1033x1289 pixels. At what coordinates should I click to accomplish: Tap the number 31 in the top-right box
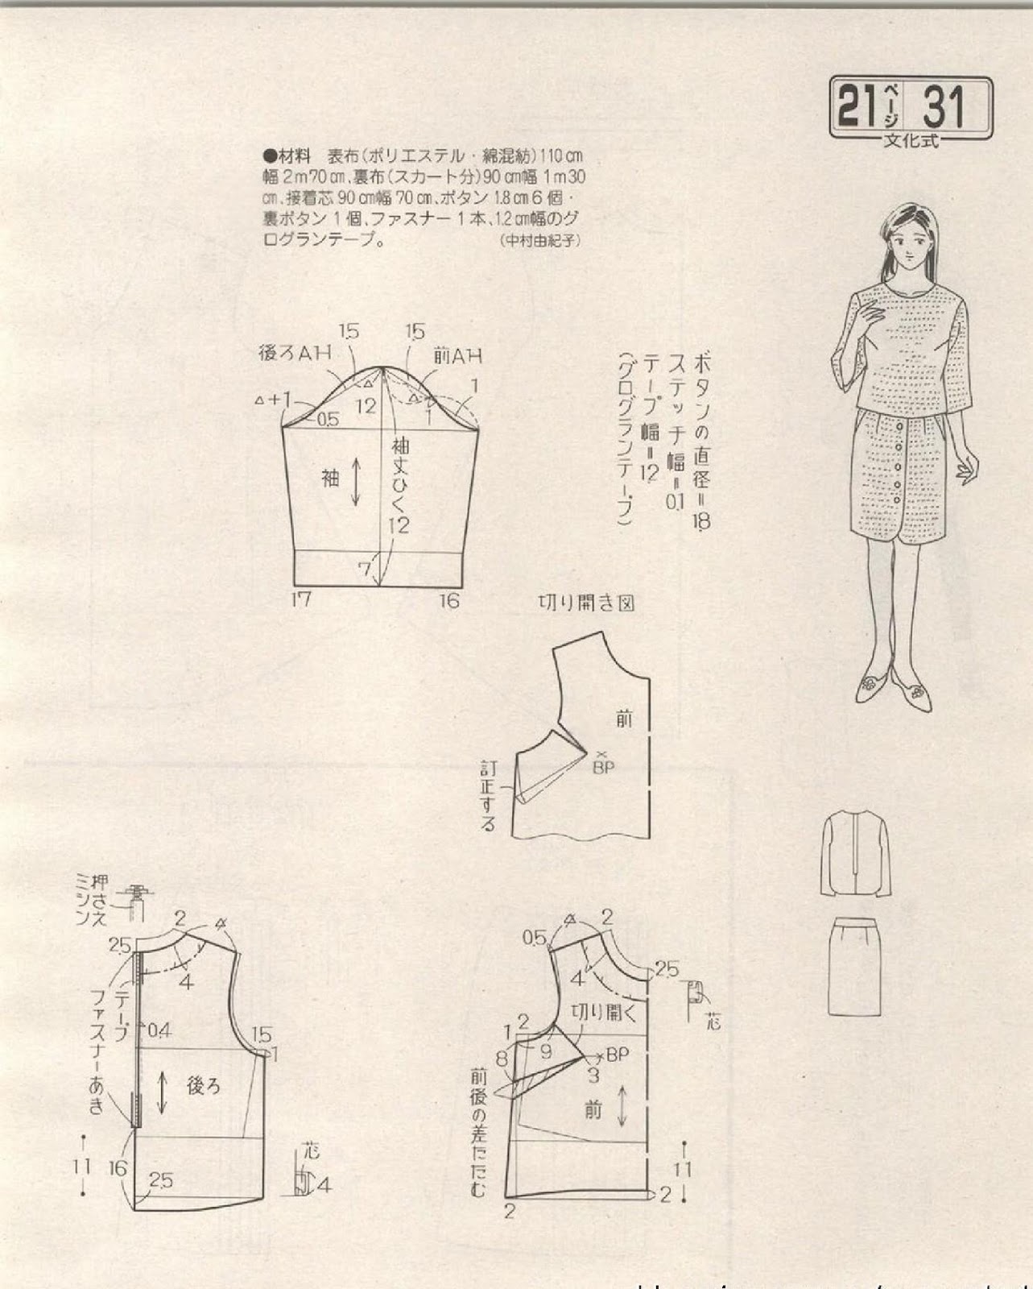(943, 106)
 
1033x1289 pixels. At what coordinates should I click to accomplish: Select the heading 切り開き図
(585, 603)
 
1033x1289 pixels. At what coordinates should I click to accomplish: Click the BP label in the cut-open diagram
(603, 767)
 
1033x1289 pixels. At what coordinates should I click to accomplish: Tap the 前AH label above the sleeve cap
(457, 354)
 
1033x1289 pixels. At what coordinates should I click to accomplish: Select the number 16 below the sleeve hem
(448, 599)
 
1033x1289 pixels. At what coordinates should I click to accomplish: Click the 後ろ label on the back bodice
(203, 1086)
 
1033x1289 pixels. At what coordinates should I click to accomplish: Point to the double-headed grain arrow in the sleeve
(356, 483)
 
